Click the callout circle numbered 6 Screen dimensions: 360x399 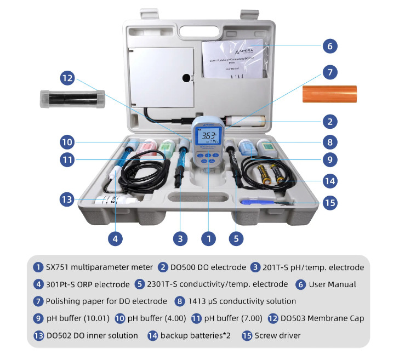coord(329,46)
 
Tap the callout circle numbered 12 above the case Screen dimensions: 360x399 coord(67,78)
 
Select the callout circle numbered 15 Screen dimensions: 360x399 coord(329,203)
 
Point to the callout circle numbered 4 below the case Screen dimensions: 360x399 coord(115,238)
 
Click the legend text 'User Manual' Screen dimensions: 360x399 coord(333,284)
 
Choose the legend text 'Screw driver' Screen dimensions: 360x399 coord(270,335)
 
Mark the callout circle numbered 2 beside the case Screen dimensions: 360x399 coord(329,121)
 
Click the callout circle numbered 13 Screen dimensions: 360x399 coord(67,199)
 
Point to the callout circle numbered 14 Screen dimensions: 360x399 coord(329,180)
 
